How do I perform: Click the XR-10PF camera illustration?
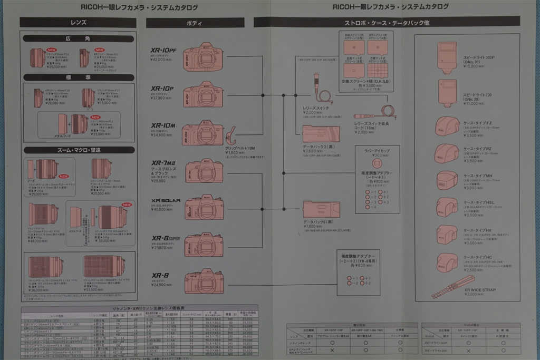point(203,57)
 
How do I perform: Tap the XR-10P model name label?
point(162,89)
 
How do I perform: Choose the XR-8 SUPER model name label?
point(166,238)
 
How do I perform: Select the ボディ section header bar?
point(195,23)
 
